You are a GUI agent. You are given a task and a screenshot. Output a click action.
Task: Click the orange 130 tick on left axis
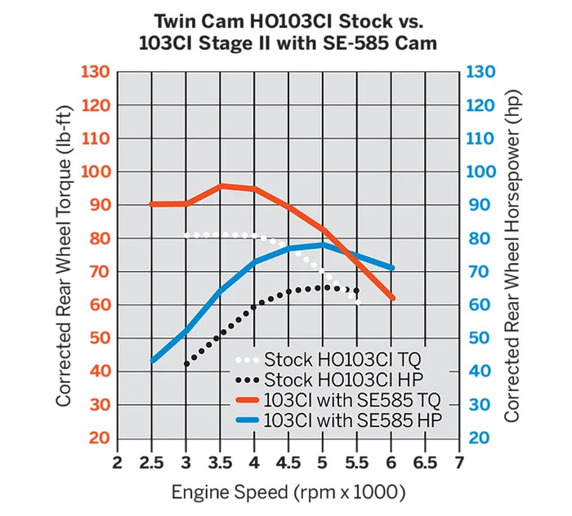click(x=96, y=72)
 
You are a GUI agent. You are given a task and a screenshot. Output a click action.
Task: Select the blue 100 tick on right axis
click(x=481, y=172)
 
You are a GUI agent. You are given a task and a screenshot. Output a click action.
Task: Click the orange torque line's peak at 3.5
click(x=221, y=186)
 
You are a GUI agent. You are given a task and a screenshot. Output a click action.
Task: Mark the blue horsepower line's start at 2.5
click(x=153, y=360)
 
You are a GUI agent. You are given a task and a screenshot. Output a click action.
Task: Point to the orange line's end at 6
click(x=392, y=298)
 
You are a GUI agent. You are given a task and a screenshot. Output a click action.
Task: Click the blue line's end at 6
click(x=392, y=268)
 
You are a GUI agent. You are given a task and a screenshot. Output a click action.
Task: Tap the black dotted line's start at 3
click(x=187, y=364)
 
